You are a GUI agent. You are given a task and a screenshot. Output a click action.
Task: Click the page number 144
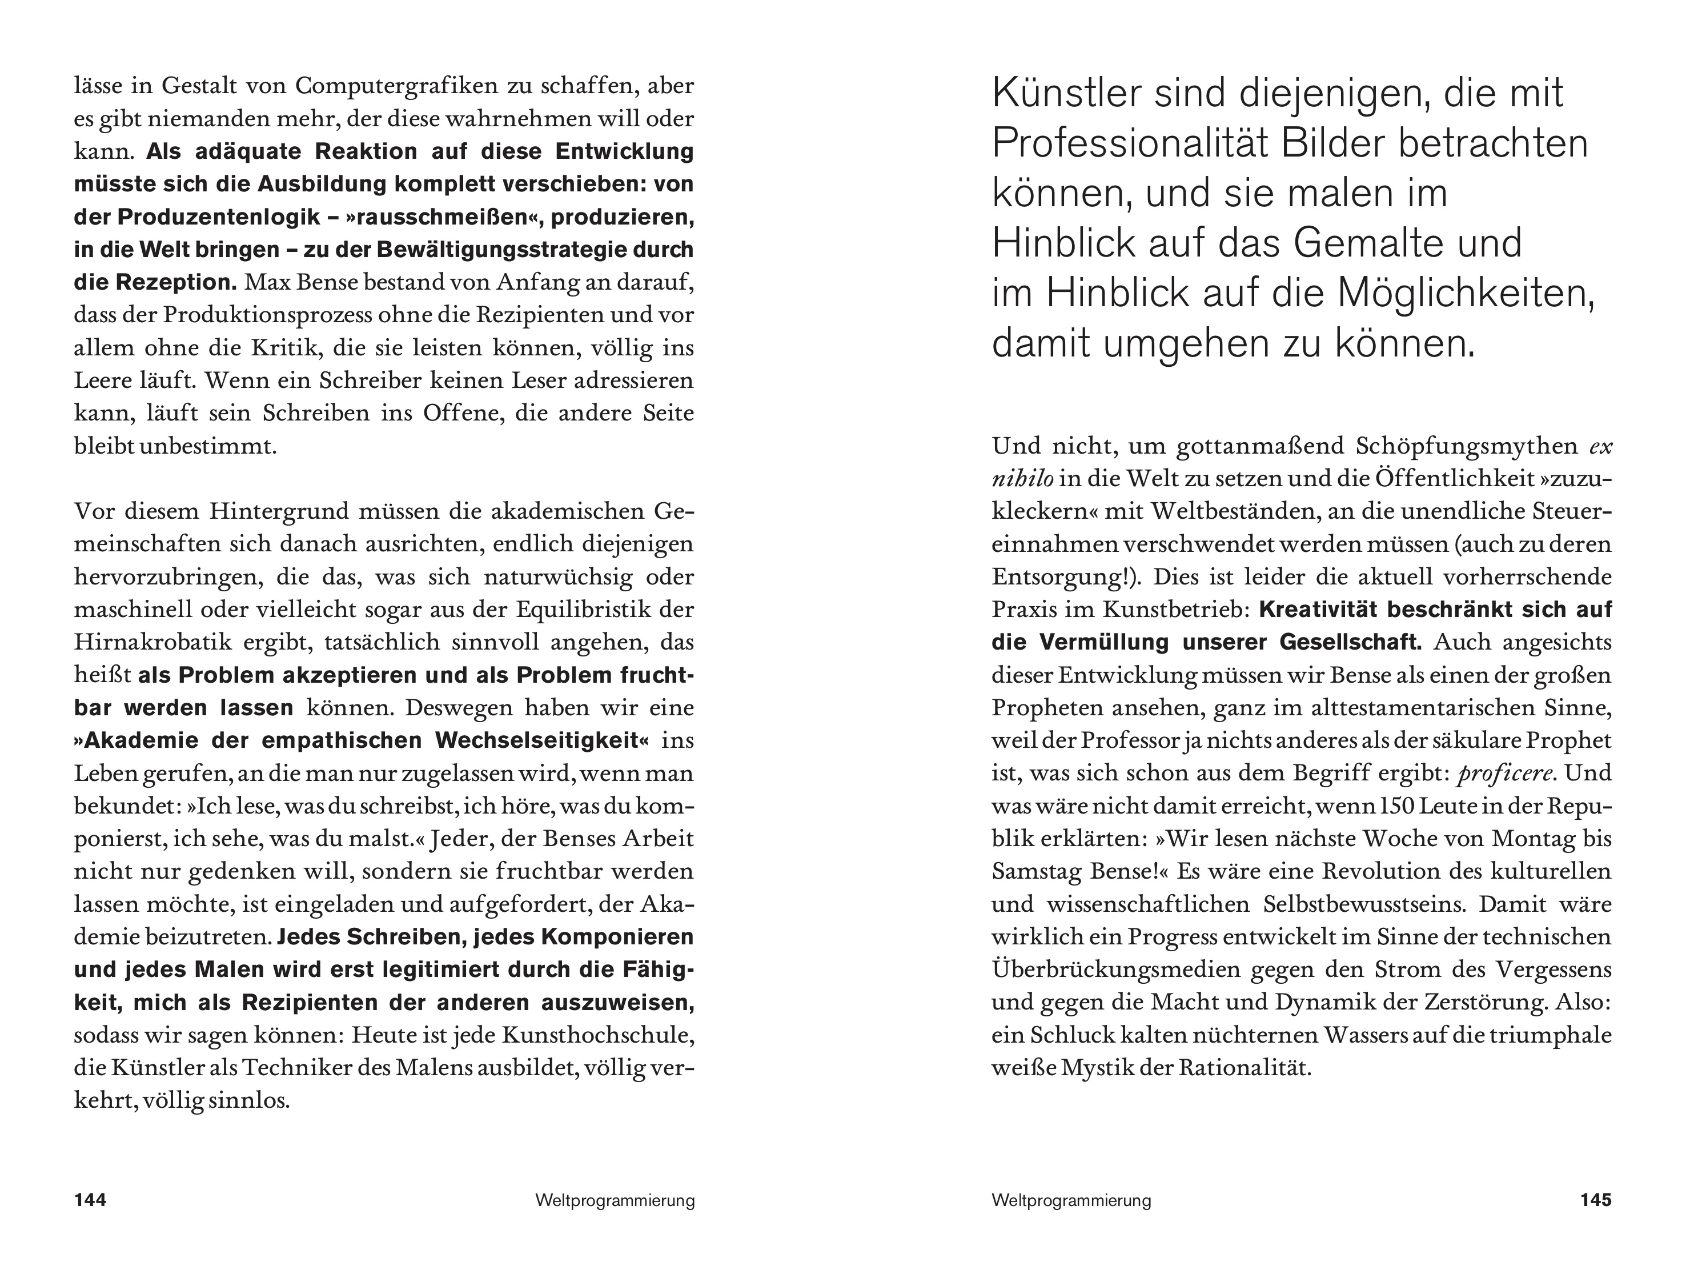90,1200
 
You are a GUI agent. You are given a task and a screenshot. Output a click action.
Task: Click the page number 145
1595,1200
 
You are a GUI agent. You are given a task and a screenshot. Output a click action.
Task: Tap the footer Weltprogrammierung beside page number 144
615,1201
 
